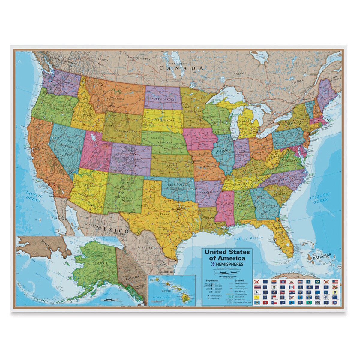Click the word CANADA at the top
point(181,68)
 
